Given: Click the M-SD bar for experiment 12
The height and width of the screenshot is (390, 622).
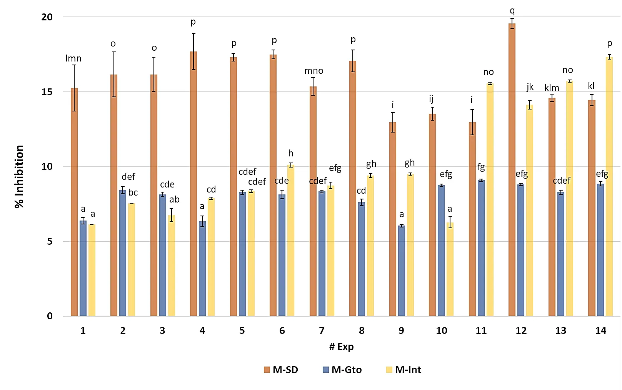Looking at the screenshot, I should pos(512,169).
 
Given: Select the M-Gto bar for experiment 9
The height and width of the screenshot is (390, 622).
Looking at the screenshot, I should pos(402,271).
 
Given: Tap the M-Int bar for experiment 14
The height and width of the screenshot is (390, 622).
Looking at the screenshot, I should pos(609,186).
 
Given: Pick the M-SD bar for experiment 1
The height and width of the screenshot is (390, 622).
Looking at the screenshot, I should pos(74,202).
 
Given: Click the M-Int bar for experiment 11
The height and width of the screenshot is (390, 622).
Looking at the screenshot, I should pos(490,200).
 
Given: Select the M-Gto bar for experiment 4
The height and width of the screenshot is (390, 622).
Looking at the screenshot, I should pos(202,269).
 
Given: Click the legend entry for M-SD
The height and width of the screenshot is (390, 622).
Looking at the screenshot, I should pos(281,370).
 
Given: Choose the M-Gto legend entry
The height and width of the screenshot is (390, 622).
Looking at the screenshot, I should pos(342,370).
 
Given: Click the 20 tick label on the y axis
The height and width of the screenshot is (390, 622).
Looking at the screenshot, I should pos(47,17).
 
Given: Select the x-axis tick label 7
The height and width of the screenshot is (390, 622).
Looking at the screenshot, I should pos(322,330).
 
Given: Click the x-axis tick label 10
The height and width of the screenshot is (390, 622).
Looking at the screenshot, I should pos(441,330).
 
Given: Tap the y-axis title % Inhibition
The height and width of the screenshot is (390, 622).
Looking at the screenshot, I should pos(19,177).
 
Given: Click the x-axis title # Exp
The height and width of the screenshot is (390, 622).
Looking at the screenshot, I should pos(341,347).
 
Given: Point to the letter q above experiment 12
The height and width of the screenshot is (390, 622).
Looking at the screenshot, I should pos(512,11).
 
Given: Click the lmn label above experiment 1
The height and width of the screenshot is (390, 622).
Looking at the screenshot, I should pos(73,58).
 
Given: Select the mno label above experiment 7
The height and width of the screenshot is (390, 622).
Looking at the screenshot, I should pos(314,71).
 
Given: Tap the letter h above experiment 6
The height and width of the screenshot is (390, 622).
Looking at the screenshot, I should pos(291,153).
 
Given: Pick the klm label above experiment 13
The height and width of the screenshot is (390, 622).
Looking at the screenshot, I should pos(552,88).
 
